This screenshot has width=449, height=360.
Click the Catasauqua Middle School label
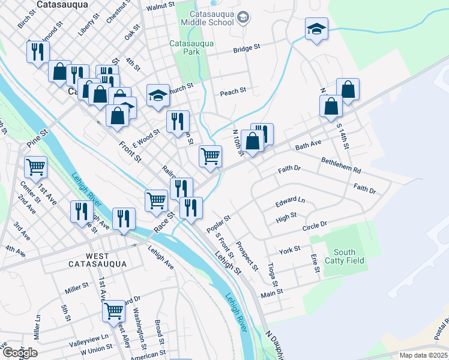[x=211, y=18]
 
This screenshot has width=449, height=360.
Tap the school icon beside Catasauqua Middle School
[x=243, y=18]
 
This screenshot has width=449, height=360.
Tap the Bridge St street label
[x=247, y=47]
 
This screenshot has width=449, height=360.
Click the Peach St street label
[x=233, y=92]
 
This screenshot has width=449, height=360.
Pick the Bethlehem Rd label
[x=340, y=161]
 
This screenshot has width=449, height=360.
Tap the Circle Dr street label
[x=315, y=224]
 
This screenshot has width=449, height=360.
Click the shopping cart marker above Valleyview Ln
[x=113, y=310]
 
